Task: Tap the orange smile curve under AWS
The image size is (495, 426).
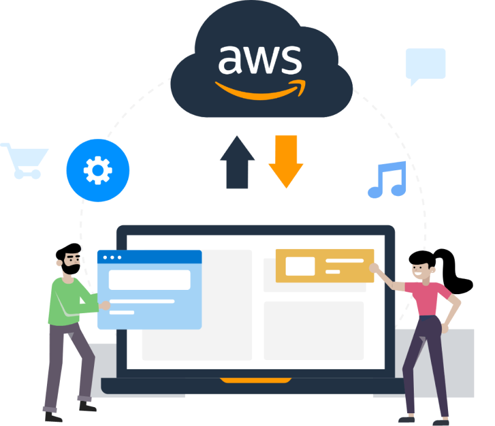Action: coord(259,90)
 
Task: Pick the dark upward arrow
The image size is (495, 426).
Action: coord(237,163)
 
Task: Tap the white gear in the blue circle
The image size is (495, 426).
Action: coord(98,170)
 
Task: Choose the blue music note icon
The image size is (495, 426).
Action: coord(387,179)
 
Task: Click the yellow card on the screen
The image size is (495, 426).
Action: coord(324,265)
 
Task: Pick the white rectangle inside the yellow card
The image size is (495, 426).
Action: coord(300,266)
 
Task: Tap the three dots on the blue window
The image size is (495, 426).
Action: coord(112,257)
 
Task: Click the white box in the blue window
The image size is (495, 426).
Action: coord(150,280)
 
